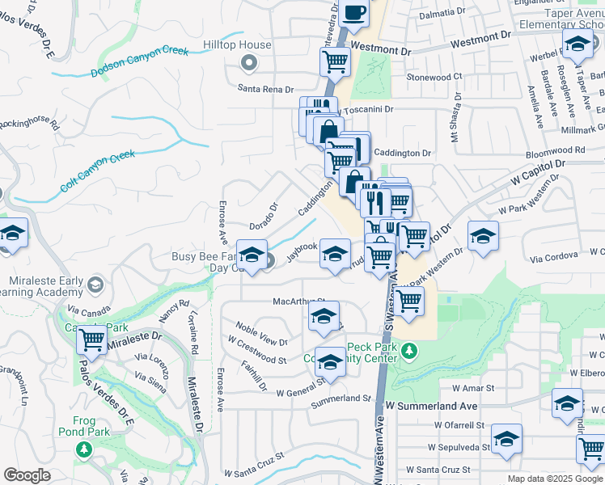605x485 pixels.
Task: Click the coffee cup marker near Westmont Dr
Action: [x=353, y=12]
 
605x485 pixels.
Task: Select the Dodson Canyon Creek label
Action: [x=139, y=62]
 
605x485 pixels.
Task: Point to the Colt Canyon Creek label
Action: [x=97, y=171]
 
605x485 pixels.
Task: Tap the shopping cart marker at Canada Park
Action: [x=92, y=339]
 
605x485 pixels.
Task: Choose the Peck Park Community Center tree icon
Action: [x=410, y=351]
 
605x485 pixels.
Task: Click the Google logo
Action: [x=27, y=475]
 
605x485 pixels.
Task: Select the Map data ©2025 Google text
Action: [x=554, y=479]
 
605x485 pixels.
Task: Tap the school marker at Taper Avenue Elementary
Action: [x=577, y=45]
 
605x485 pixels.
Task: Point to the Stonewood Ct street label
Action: [x=434, y=77]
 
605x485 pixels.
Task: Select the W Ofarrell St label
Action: [x=459, y=424]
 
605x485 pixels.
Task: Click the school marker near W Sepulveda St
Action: [x=506, y=439]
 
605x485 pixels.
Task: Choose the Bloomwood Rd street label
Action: [x=555, y=150]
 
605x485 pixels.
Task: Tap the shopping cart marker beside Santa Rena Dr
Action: [x=334, y=60]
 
